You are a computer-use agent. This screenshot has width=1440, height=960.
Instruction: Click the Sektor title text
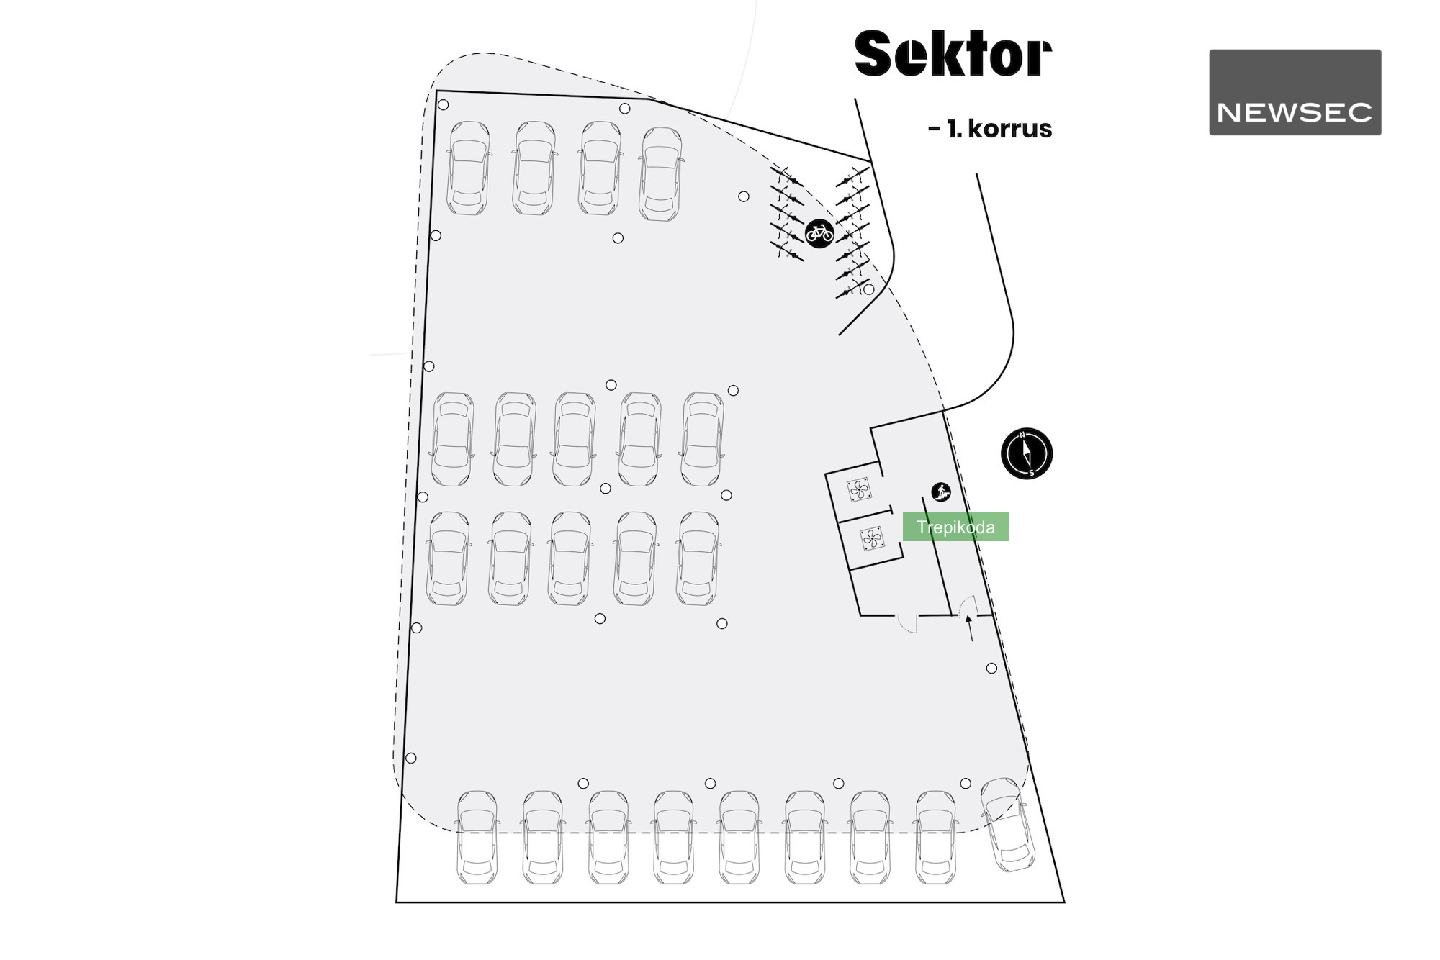click(x=953, y=53)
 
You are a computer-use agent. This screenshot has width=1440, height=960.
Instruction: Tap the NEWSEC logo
click(x=1295, y=92)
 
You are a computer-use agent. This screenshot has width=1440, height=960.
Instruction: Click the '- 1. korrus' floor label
click(x=991, y=129)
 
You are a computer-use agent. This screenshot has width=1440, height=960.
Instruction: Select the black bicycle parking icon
click(x=819, y=232)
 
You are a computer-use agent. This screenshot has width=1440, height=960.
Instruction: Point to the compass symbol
click(x=1027, y=453)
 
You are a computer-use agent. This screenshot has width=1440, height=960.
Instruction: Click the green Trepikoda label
click(x=955, y=527)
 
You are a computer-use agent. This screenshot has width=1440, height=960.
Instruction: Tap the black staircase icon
click(x=941, y=492)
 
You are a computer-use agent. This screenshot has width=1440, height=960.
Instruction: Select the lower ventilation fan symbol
click(x=871, y=538)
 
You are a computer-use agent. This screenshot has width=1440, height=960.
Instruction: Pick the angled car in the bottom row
click(x=1008, y=824)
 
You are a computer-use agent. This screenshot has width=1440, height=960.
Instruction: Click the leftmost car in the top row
click(x=468, y=168)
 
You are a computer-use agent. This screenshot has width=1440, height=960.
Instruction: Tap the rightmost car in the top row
click(x=660, y=173)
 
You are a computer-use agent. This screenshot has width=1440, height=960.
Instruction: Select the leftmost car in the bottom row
click(x=477, y=837)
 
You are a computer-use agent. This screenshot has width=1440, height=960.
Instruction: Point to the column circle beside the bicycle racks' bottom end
click(x=869, y=289)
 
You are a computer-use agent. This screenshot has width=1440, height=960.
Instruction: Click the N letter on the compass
click(x=1022, y=435)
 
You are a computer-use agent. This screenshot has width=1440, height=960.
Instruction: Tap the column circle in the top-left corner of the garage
click(x=444, y=105)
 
